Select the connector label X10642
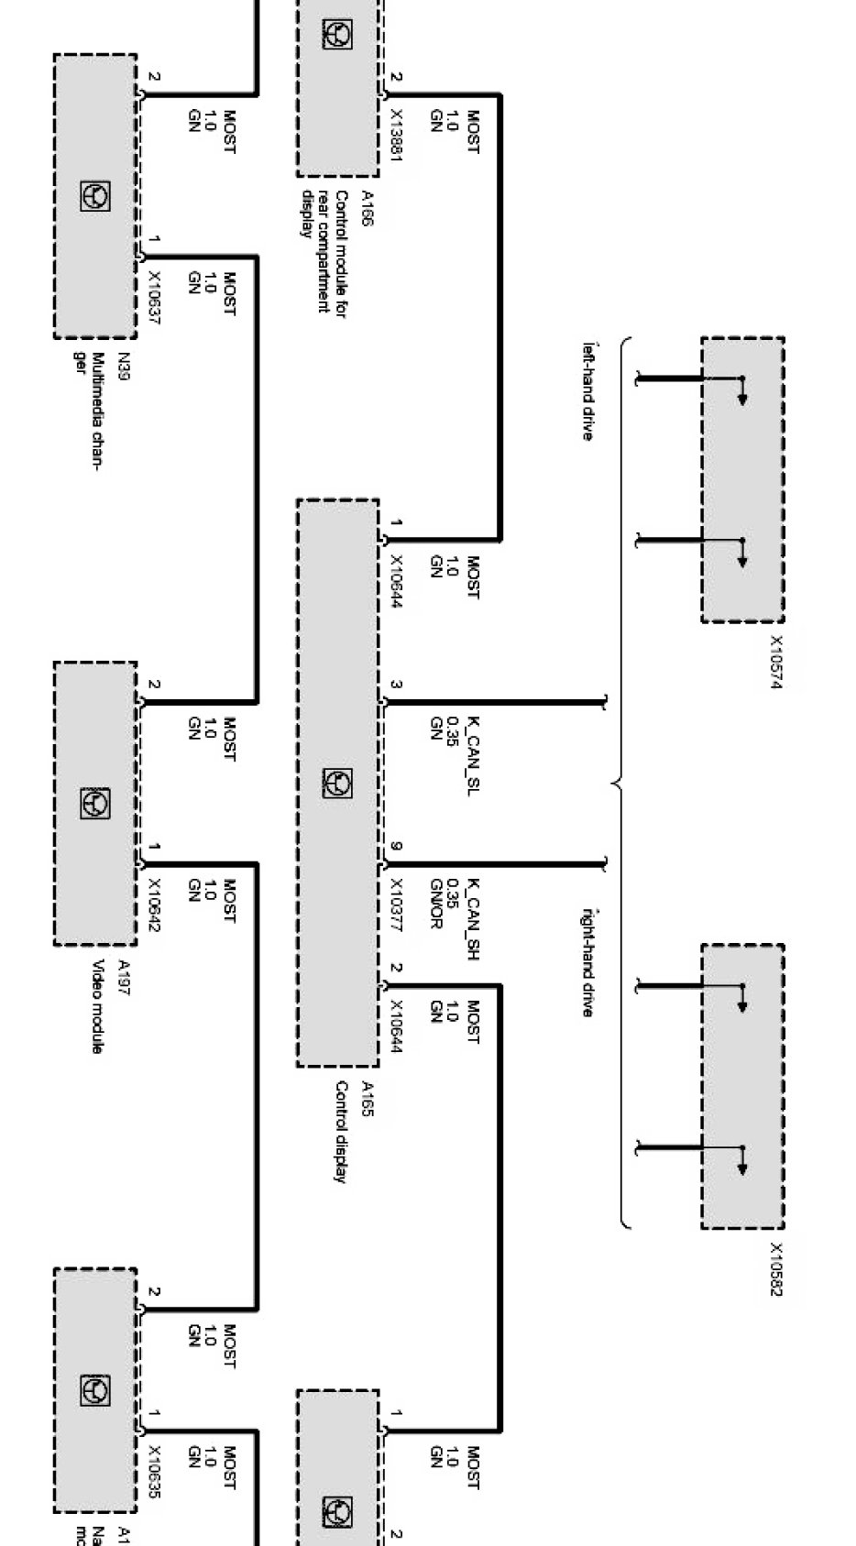click(154, 905)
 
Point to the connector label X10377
click(397, 905)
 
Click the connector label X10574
click(775, 662)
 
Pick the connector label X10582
click(775, 1269)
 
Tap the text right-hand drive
click(588, 962)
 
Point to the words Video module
click(96, 1006)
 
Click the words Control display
click(340, 1132)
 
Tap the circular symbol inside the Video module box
click(95, 803)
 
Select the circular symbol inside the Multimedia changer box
click(95, 196)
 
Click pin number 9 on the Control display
click(396, 847)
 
